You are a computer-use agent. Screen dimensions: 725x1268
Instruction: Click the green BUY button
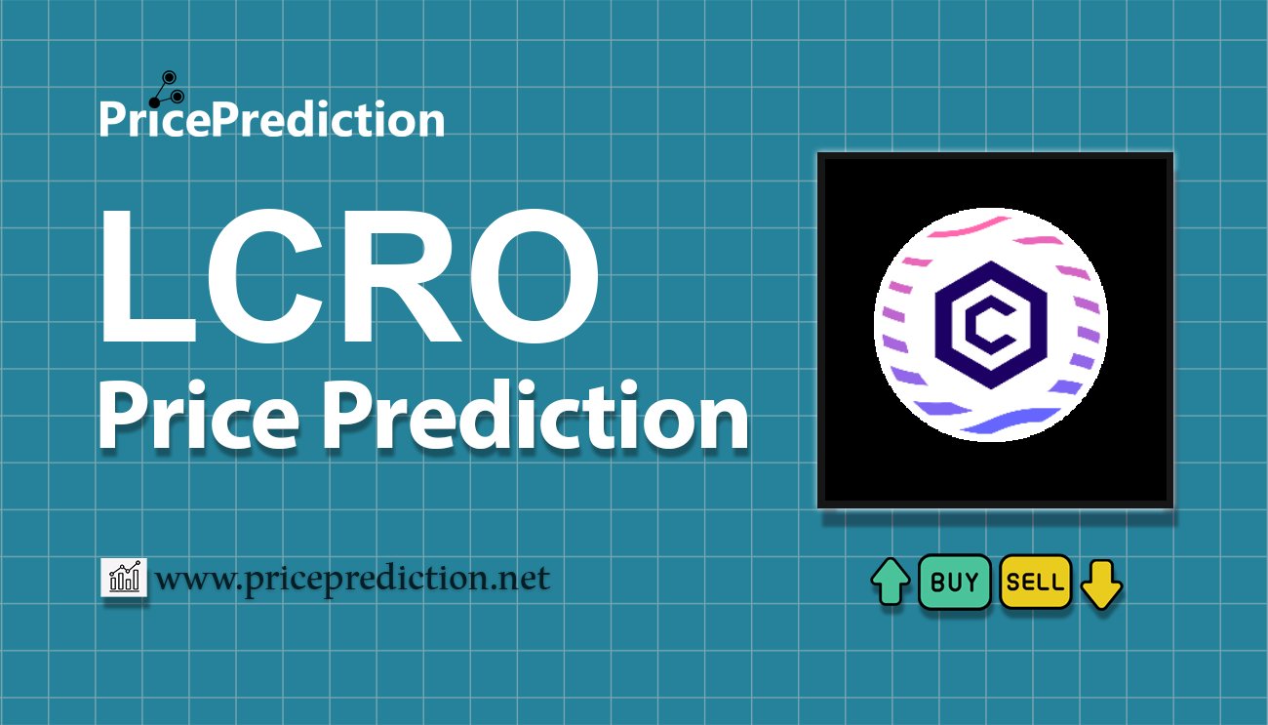[x=954, y=583]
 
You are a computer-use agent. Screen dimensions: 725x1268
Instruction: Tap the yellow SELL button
[x=1035, y=583]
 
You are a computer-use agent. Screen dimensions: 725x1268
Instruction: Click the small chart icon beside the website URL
[x=124, y=578]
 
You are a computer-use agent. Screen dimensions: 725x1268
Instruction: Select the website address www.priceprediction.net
[x=352, y=580]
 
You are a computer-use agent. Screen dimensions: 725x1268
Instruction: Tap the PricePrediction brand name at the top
[x=271, y=120]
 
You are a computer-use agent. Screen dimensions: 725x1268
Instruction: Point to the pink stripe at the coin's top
[x=966, y=231]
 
